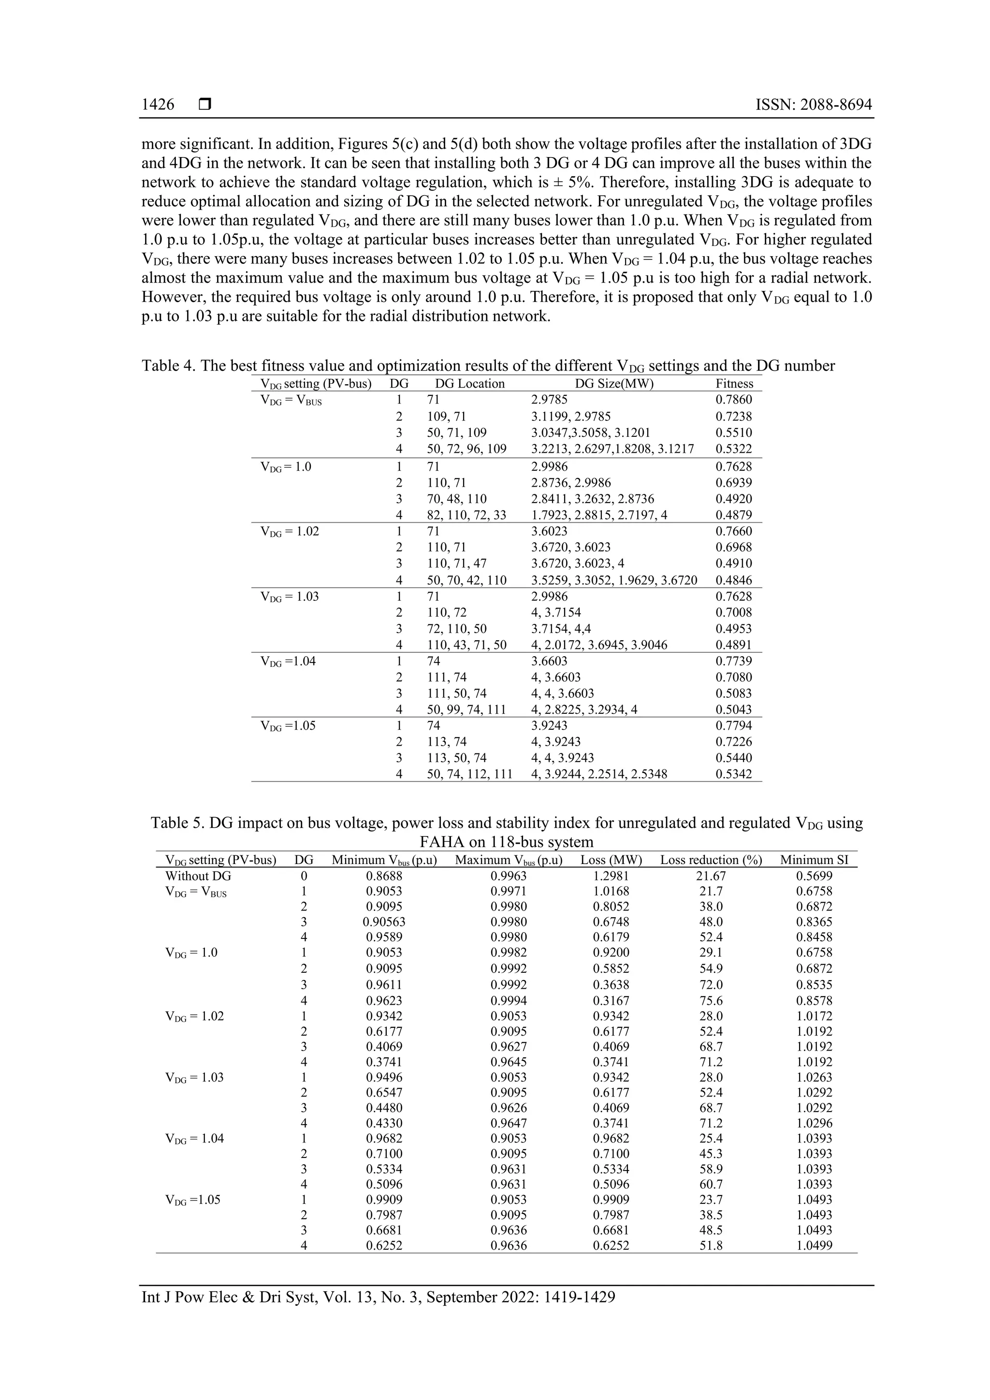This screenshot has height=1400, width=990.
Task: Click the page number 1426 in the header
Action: tap(158, 105)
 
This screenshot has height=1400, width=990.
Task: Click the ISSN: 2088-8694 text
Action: tap(813, 105)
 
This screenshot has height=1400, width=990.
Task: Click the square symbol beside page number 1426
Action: tap(205, 105)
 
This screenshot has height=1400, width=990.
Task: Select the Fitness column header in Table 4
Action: tap(734, 384)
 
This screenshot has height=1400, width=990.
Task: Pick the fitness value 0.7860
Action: tap(734, 400)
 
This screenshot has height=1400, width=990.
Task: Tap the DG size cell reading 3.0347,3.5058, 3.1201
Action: tap(590, 433)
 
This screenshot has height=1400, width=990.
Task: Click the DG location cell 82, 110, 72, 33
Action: tap(466, 515)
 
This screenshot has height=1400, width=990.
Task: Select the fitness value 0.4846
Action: tap(734, 580)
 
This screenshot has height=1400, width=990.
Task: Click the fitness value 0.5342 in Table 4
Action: tap(734, 774)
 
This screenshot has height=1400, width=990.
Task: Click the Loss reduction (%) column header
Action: tap(711, 860)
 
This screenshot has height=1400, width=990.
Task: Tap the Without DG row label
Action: tap(198, 876)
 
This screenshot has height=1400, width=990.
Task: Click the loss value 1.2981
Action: tap(611, 876)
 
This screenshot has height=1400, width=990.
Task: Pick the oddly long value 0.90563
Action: tap(384, 922)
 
